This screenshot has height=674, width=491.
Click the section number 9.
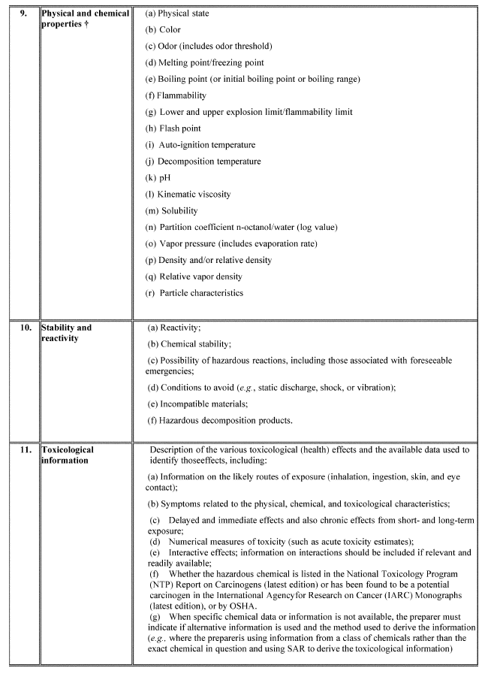(x=23, y=14)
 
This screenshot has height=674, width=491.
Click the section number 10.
(x=25, y=328)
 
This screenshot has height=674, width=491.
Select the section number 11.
(x=25, y=450)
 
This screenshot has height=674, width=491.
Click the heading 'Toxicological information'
(x=68, y=455)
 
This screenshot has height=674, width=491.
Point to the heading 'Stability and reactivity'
(x=66, y=333)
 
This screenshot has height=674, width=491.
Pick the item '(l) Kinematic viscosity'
(x=188, y=195)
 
